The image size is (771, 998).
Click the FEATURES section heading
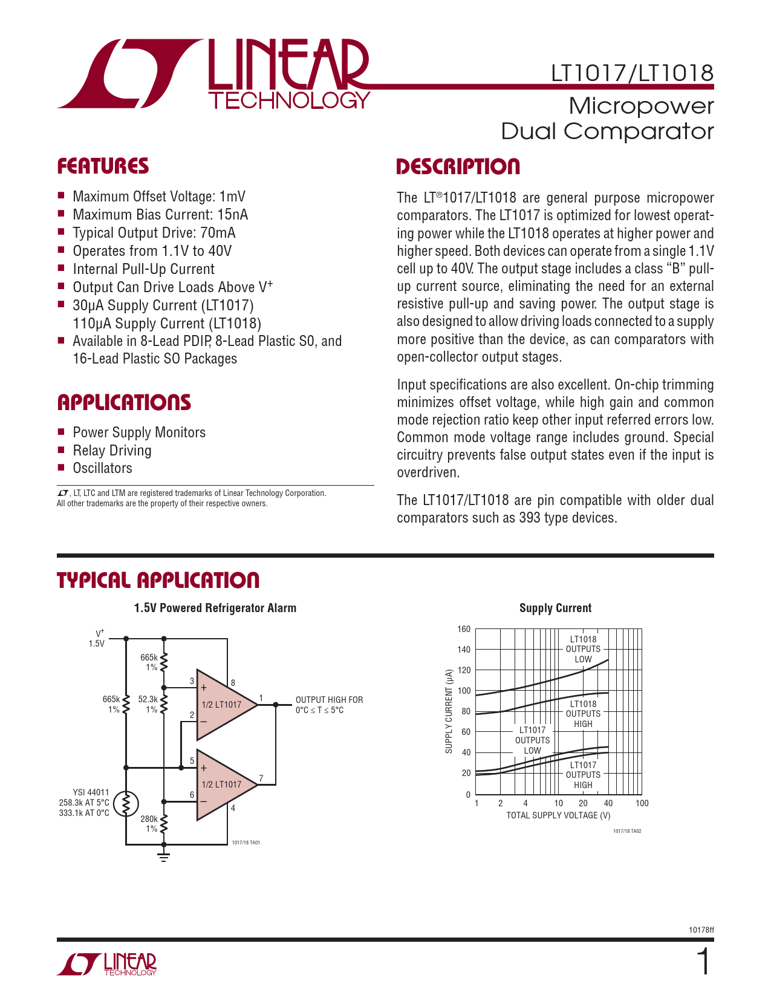[103, 166]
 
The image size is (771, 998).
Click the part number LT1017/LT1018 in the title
[632, 73]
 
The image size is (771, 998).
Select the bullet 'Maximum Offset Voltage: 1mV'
[159, 197]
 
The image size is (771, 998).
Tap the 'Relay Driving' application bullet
[112, 451]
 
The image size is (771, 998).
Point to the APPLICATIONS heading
[124, 403]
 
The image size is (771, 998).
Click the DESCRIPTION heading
[458, 167]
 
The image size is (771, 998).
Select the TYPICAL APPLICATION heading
[158, 581]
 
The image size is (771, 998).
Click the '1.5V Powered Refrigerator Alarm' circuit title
[215, 608]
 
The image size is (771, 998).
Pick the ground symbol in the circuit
[163, 855]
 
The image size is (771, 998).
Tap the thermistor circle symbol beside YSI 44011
[126, 804]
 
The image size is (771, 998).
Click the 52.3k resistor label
[148, 699]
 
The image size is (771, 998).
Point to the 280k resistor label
[149, 819]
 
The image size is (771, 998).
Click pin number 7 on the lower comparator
[261, 778]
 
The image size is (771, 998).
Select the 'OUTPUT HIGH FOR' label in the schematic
[329, 700]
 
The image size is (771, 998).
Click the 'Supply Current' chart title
[555, 608]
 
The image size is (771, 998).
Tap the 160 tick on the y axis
[464, 629]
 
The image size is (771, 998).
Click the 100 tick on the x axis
[642, 803]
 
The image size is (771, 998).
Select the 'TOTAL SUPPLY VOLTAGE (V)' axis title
[558, 815]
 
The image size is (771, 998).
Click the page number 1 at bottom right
[703, 963]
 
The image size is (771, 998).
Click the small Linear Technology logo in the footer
[107, 964]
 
